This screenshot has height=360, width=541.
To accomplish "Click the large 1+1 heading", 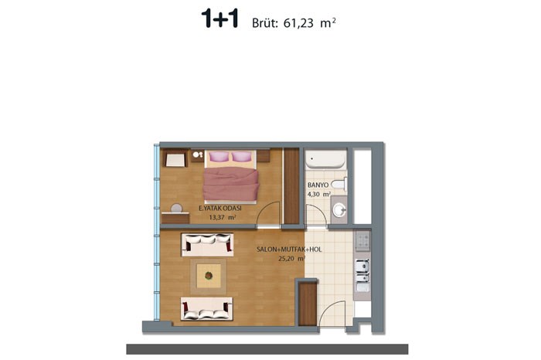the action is pos(219,19).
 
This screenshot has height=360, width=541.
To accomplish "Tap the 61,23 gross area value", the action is pos(298,23).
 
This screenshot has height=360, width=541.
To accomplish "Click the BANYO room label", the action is pos(318,185).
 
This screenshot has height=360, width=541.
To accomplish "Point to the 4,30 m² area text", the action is pos(319,194).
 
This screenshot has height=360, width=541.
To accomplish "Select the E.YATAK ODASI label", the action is pos(220,209).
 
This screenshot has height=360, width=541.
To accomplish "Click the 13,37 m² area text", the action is pos(223,217).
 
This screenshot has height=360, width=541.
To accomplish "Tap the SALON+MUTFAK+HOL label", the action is pos(289,250).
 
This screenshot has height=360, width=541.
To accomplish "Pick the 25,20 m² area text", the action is pos(291,258).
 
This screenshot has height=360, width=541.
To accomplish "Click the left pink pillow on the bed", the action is pos(219,156).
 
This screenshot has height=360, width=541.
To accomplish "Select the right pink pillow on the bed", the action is pos(241,157).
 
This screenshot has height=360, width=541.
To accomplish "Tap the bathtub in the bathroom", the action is pos(325,159).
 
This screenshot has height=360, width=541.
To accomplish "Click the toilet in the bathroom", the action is pos(339,185).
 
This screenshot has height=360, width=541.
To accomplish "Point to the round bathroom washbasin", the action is pos(339,210).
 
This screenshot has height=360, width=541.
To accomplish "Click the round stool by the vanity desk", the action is pos(177,208).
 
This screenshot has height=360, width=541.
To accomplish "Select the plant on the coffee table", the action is pos(209,276).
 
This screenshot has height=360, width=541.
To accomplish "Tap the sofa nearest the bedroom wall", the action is pos(207,244).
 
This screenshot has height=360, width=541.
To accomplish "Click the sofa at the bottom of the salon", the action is pos(206,308).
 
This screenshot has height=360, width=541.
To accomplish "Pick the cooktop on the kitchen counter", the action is pos(362,241).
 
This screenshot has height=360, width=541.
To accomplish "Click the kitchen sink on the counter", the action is pos(362,270).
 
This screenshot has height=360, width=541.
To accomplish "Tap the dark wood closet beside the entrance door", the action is pos(307,304).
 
